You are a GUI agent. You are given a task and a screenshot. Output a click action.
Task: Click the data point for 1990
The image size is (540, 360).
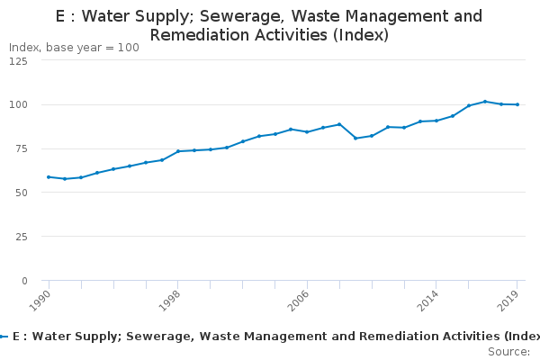tap(49, 177)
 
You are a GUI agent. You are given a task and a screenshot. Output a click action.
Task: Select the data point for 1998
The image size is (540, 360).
tap(178, 151)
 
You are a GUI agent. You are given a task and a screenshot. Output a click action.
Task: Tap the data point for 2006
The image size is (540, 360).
tap(307, 132)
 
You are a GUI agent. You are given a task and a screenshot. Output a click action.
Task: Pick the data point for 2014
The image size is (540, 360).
tap(436, 121)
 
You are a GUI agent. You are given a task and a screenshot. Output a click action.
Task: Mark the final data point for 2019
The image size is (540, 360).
tap(517, 104)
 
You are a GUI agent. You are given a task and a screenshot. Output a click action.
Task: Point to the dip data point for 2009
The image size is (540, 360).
tap(355, 138)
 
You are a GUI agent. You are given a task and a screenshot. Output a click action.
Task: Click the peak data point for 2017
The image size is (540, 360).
tap(485, 102)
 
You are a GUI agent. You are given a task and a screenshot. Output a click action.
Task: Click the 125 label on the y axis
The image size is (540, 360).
tap(17, 60)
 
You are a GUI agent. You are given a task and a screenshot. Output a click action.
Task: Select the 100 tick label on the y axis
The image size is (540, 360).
tap(17, 104)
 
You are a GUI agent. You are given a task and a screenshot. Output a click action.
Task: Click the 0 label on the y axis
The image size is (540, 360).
tap(23, 281)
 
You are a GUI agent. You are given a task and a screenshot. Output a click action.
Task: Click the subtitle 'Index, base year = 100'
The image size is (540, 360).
tap(74, 48)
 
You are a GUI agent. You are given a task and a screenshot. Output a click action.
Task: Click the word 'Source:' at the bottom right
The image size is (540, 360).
tap(508, 352)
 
